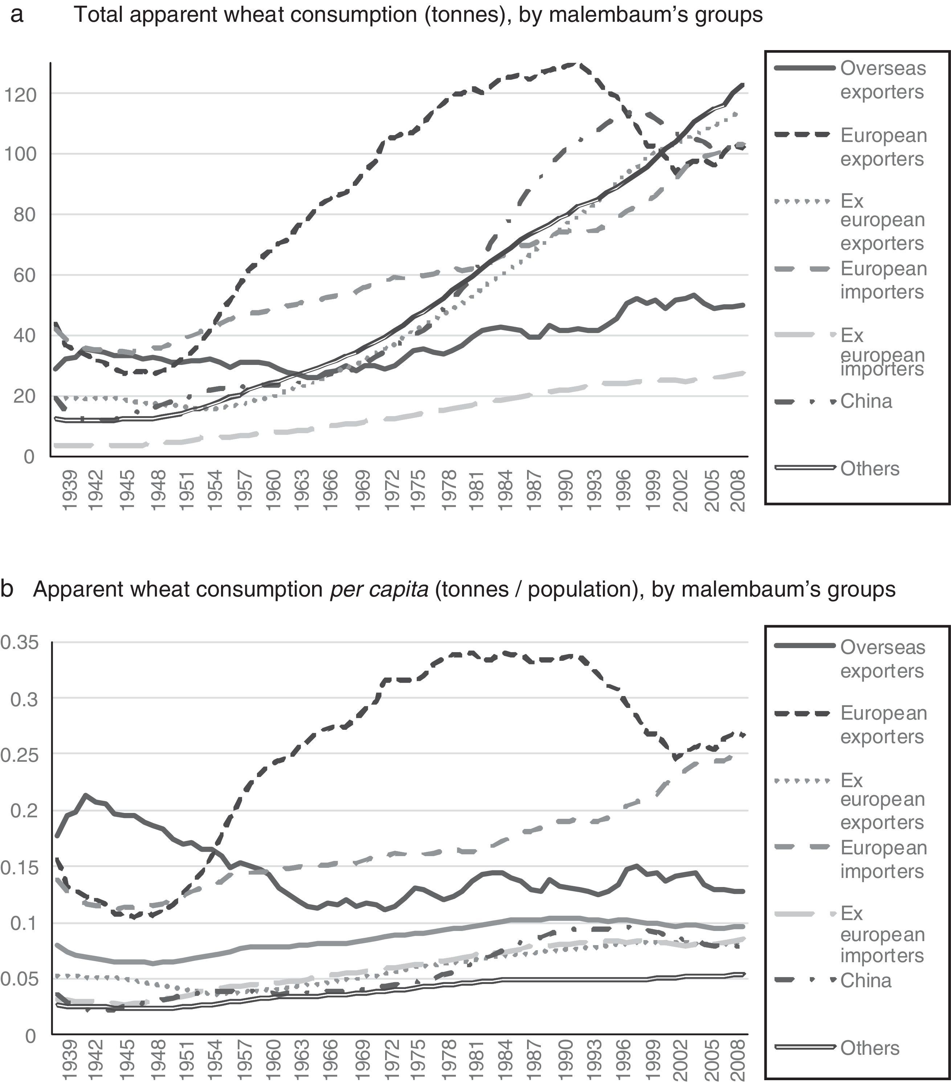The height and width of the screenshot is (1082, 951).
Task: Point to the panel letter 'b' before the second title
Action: [x=7, y=589]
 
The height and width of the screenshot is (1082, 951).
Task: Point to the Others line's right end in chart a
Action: [x=743, y=85]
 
